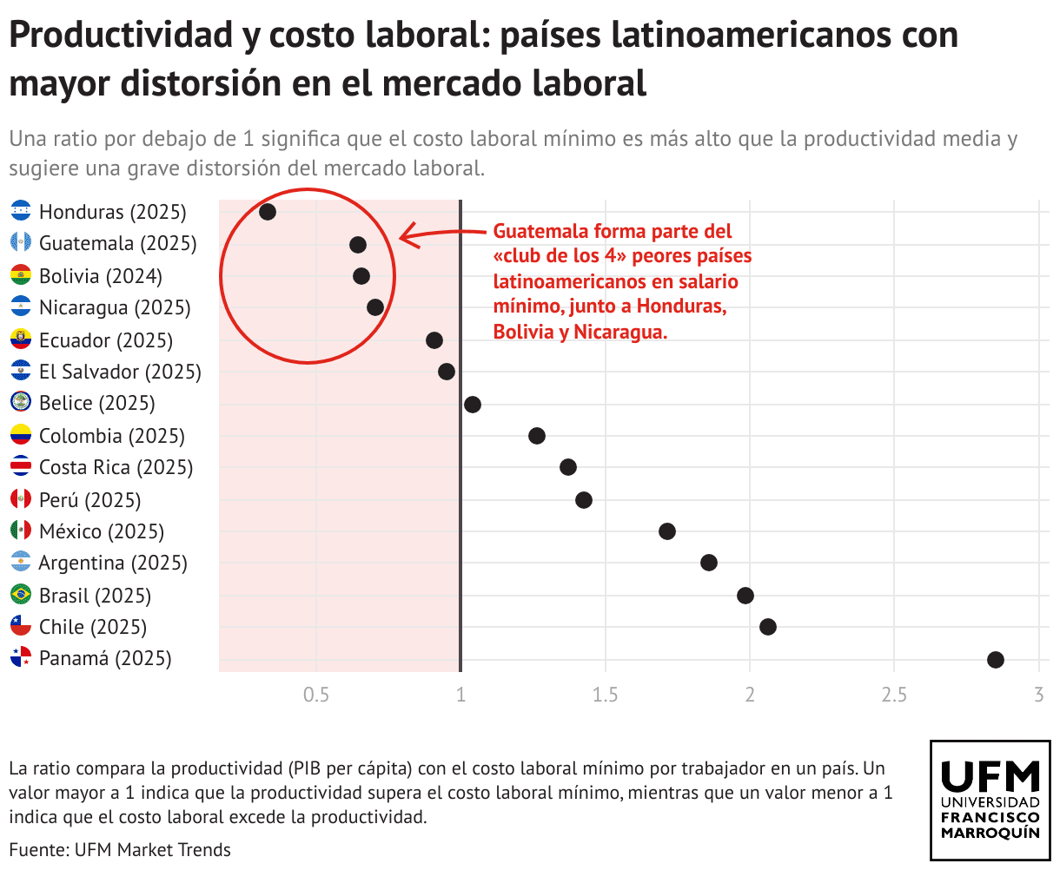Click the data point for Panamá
[x=996, y=659]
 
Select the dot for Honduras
[x=268, y=212]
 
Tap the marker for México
[x=667, y=531]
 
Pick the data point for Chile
[x=768, y=627]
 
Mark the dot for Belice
[x=473, y=404]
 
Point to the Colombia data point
[x=537, y=436]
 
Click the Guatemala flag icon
[x=21, y=243]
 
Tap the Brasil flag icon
[x=21, y=595]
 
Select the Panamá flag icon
[x=21, y=658]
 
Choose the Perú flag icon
[x=21, y=499]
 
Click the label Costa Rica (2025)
[x=116, y=467]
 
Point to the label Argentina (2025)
[x=113, y=563]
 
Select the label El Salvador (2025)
[x=120, y=372]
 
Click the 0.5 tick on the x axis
[x=316, y=695]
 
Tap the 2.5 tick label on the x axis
[x=894, y=695]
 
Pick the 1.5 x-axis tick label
[x=605, y=695]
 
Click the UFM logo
[x=990, y=800]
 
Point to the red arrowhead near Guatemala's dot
[x=404, y=236]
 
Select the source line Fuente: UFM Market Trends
[x=120, y=849]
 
